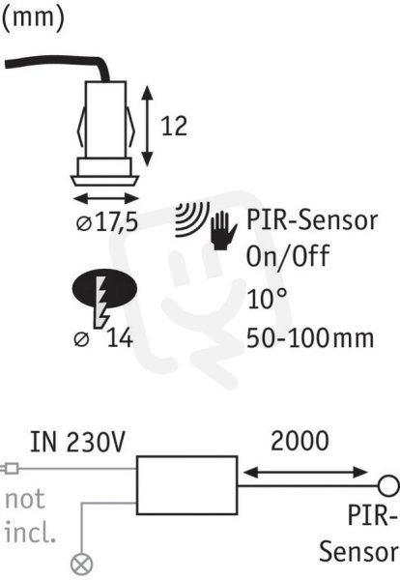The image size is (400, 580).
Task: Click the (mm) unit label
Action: point(33,18)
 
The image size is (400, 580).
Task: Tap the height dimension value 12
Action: point(174,126)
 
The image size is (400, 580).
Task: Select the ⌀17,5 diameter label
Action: point(107,222)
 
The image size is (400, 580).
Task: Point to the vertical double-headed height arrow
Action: point(148,126)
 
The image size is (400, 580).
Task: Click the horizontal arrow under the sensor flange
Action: point(106,199)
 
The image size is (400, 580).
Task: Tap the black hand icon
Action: point(223,231)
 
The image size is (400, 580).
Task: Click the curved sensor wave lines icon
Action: point(192,219)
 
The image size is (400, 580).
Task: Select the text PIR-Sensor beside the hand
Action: point(312,219)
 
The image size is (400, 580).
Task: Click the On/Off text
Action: point(288,255)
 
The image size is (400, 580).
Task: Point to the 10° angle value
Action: point(267,299)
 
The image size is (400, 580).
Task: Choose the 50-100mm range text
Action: point(310,338)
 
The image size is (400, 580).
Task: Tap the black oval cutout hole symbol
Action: point(104,288)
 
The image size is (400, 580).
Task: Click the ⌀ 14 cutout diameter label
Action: point(103,338)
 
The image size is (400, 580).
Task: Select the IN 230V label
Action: point(77,442)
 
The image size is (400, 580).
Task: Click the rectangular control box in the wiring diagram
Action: point(186,485)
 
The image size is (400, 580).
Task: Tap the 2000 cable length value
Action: point(300,441)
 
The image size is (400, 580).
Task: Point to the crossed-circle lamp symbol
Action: point(82,565)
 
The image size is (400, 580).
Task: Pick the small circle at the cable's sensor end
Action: point(389,485)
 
